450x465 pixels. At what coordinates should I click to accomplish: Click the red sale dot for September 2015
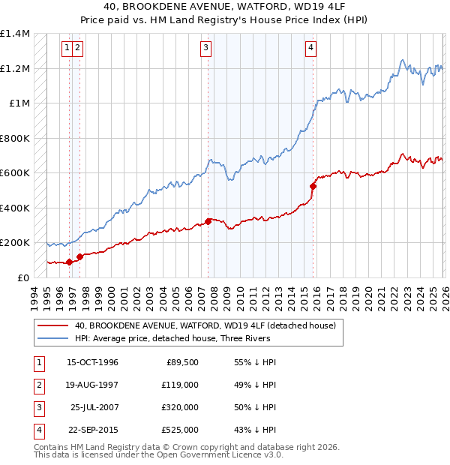[313, 186]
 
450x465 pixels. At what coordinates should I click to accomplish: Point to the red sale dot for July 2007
[208, 222]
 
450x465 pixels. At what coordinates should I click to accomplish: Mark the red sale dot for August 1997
[79, 256]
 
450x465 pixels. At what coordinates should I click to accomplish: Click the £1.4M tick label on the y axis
[15, 34]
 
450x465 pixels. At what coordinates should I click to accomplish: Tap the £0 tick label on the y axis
[23, 277]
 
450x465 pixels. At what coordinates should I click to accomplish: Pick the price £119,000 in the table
[181, 385]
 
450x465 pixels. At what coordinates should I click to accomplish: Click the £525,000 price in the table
[181, 430]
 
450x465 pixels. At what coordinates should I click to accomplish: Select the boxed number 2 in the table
[36, 385]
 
